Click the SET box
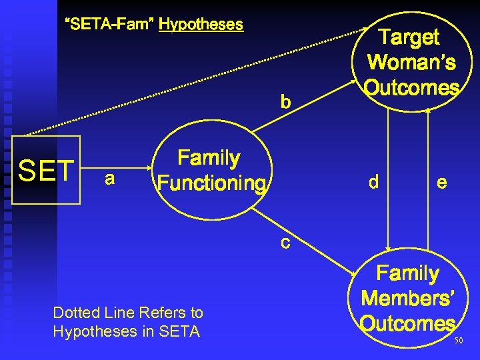46,170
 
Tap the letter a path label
109,179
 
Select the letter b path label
285,103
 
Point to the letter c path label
285,243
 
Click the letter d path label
374,181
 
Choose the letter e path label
441,181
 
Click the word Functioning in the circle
211,183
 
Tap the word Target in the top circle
409,37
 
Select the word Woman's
411,63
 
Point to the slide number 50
458,341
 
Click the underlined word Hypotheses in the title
201,25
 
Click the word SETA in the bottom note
181,331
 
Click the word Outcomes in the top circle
412,88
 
